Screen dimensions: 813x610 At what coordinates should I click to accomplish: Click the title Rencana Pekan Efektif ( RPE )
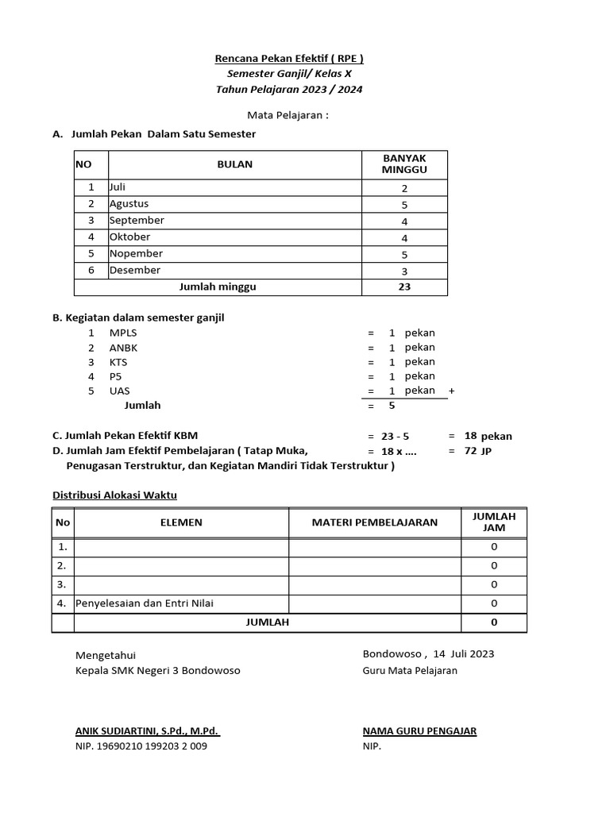click(289, 58)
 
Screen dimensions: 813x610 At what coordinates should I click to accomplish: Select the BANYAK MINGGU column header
click(404, 164)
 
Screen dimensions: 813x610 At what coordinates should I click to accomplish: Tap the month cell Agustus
click(129, 204)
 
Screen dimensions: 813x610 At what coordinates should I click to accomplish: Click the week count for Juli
click(404, 188)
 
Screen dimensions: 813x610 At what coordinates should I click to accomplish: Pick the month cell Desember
click(135, 270)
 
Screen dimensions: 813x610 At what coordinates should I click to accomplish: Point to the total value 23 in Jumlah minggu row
click(404, 287)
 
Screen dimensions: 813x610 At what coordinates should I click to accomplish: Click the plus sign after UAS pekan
click(452, 391)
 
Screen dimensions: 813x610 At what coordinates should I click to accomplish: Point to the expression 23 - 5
click(395, 436)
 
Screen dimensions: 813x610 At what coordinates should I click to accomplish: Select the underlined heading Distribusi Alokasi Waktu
click(114, 495)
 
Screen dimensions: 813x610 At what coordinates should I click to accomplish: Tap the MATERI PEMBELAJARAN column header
click(374, 522)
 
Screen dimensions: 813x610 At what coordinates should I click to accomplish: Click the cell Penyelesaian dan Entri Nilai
click(145, 603)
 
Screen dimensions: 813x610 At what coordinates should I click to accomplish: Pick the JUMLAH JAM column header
click(494, 522)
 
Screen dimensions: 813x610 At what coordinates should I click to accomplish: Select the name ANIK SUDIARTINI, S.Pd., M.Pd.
click(147, 731)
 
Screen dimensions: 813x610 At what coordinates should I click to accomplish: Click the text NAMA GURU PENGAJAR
click(419, 731)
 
